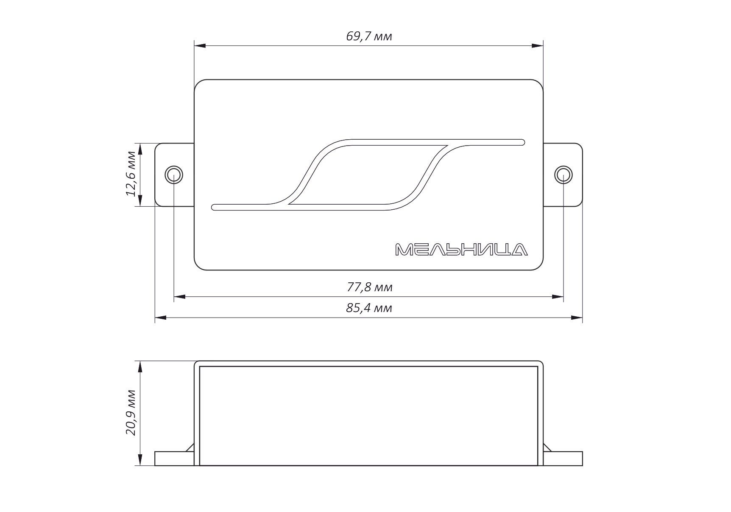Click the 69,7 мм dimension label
pos(369,36)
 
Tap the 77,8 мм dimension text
pos(370,287)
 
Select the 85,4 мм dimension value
pos(369,308)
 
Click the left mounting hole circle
pos(174,174)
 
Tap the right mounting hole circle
pos(564,174)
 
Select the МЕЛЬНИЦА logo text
pos(461,250)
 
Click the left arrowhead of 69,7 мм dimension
pos(200,45)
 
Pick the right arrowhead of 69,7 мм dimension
pos(538,45)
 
